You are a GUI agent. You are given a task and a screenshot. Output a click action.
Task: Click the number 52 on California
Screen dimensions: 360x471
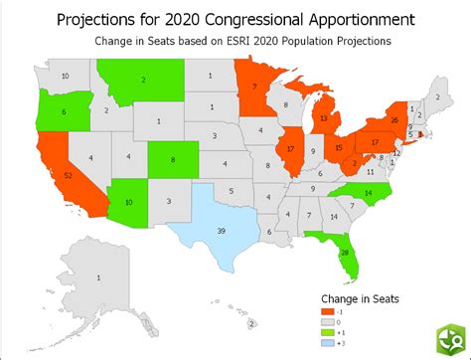pyautogui.click(x=68, y=175)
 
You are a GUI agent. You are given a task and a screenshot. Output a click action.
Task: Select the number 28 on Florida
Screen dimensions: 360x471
pyautogui.click(x=344, y=254)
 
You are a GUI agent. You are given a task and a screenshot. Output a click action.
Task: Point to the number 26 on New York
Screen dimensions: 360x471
pyautogui.click(x=395, y=120)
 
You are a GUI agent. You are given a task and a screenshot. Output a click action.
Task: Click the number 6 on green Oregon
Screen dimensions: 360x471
pyautogui.click(x=63, y=114)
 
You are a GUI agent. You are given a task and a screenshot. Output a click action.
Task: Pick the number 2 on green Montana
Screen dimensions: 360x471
pyautogui.click(x=144, y=80)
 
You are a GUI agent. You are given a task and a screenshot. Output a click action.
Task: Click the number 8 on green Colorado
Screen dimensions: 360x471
pyautogui.click(x=173, y=159)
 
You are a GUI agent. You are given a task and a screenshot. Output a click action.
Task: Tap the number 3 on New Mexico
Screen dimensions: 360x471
pyautogui.click(x=168, y=201)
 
